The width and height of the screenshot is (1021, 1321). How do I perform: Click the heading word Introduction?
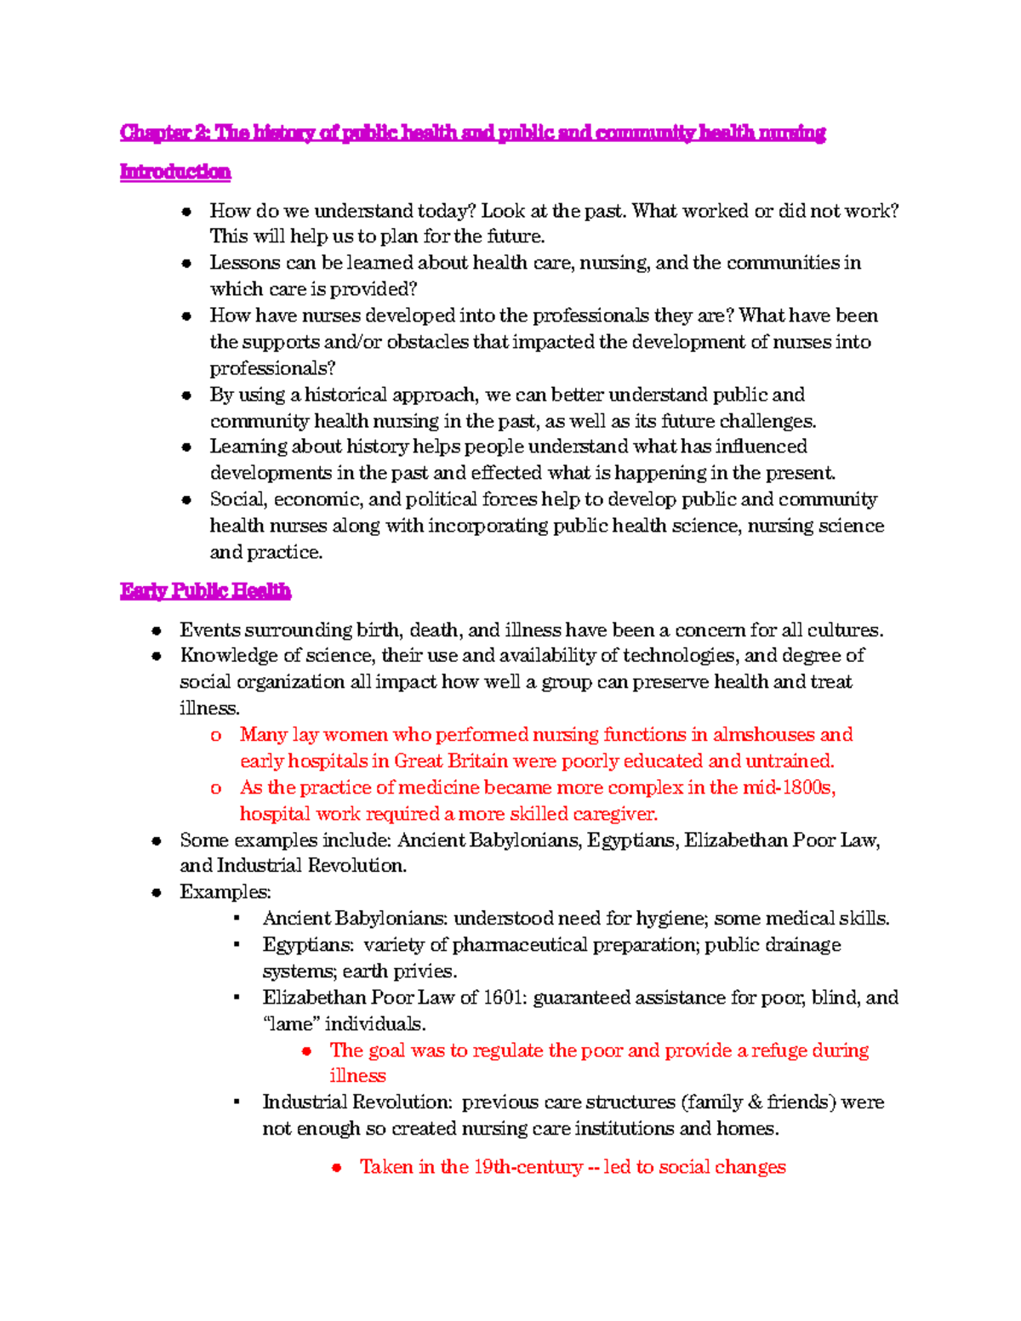pos(175,172)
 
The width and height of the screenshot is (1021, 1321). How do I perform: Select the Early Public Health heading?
pos(205,591)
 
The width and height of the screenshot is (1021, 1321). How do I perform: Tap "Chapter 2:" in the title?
pos(165,133)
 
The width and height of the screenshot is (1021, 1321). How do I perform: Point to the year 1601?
pos(503,998)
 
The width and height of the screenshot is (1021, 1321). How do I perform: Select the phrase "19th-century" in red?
pos(528,1167)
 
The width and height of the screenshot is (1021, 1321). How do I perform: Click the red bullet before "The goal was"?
pos(306,1051)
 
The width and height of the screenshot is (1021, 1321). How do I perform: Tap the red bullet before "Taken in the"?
pos(337,1168)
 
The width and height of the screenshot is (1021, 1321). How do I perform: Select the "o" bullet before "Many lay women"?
pos(216,736)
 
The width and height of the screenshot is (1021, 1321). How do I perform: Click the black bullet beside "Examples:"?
pos(157,892)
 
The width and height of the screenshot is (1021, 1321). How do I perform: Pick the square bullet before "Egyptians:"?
pos(237,945)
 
